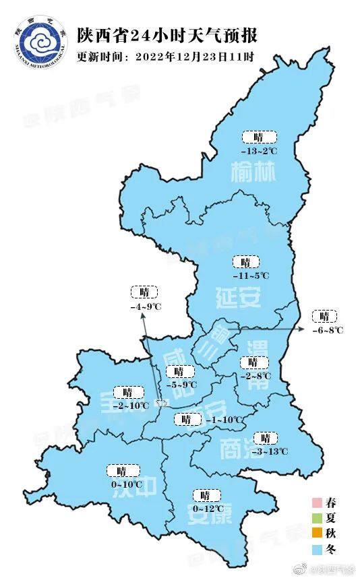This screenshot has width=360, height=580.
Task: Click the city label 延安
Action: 239,296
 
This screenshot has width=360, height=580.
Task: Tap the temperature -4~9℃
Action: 146,307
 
